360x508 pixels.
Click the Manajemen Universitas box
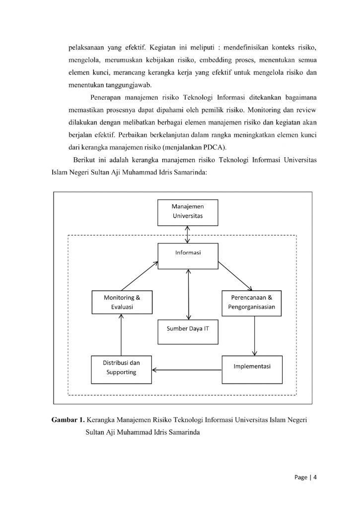[188, 211]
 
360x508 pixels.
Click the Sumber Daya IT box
[188, 328]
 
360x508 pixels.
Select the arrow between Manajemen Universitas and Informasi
[188, 234]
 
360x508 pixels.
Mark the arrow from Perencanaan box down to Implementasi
[255, 335]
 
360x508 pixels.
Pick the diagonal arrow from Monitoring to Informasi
[140, 276]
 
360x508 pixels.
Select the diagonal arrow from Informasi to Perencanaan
[235, 276]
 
